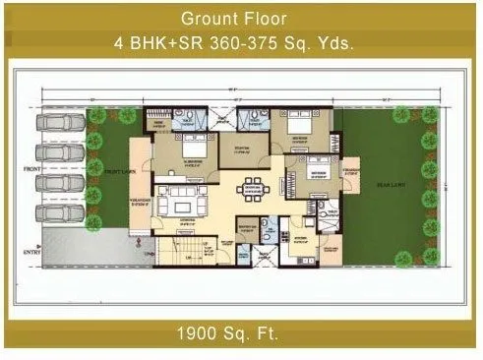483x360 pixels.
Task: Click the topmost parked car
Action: pyautogui.click(x=60, y=124)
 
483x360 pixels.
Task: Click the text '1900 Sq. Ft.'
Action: pyautogui.click(x=241, y=332)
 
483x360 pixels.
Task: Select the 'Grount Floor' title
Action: pyautogui.click(x=241, y=18)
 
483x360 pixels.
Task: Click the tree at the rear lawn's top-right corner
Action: pyautogui.click(x=430, y=114)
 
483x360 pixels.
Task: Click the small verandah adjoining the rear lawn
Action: pyautogui.click(x=348, y=177)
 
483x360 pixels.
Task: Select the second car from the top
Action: pyautogui.click(x=60, y=153)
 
